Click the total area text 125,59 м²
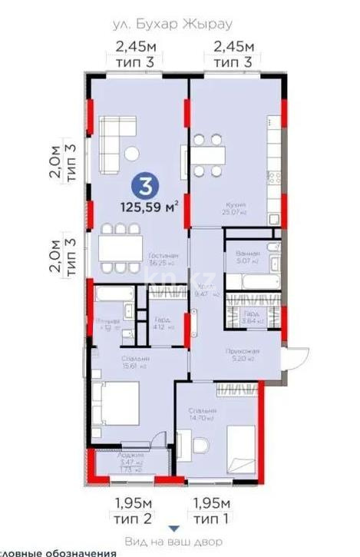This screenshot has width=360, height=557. pos(150,206)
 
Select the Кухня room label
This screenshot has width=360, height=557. pos(235,205)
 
